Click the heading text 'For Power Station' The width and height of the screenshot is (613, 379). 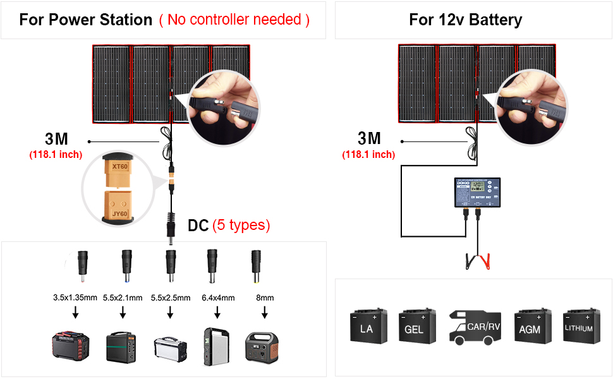pyautogui.click(x=85, y=20)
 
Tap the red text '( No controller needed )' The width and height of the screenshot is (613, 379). pyautogui.click(x=234, y=20)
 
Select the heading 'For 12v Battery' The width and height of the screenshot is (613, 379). pyautogui.click(x=466, y=20)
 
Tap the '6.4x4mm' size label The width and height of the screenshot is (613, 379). pyautogui.click(x=217, y=298)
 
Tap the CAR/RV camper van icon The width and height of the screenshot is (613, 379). pyautogui.click(x=475, y=327)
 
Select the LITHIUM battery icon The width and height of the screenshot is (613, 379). pyautogui.click(x=580, y=326)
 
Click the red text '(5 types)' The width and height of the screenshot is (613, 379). pyautogui.click(x=241, y=225)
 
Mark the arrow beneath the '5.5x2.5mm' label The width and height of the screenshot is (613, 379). pyautogui.click(x=170, y=312)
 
